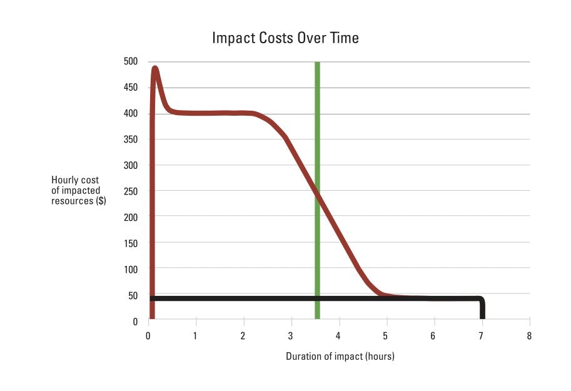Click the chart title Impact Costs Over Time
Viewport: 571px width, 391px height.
click(285, 38)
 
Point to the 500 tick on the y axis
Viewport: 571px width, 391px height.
click(131, 61)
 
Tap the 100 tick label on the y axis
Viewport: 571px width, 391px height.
click(131, 268)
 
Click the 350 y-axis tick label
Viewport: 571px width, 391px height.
click(131, 139)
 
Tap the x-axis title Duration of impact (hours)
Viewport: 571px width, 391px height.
click(340, 357)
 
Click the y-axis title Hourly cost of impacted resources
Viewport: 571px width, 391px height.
click(79, 191)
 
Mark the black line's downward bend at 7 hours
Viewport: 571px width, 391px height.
click(480, 300)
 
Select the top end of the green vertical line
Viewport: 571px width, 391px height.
click(317, 63)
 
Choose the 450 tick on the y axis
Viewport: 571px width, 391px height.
click(131, 88)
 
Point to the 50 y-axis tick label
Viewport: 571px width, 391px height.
click(133, 295)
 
